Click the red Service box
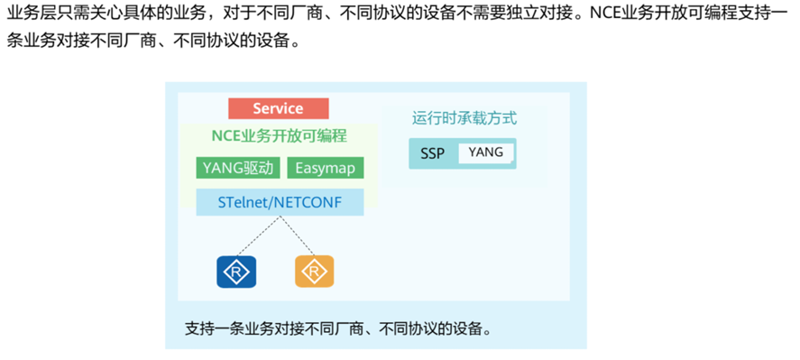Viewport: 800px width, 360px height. click(x=278, y=108)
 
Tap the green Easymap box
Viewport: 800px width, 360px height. click(x=325, y=168)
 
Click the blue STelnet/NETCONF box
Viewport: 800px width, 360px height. click(x=280, y=202)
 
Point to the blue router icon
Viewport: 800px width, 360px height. click(x=236, y=271)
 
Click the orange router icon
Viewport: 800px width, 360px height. click(x=314, y=271)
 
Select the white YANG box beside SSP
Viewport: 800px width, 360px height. click(x=485, y=152)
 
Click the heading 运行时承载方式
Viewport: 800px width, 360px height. click(x=464, y=118)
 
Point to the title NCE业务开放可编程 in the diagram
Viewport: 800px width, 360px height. click(x=280, y=136)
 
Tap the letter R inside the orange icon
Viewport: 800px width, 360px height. click(x=314, y=271)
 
